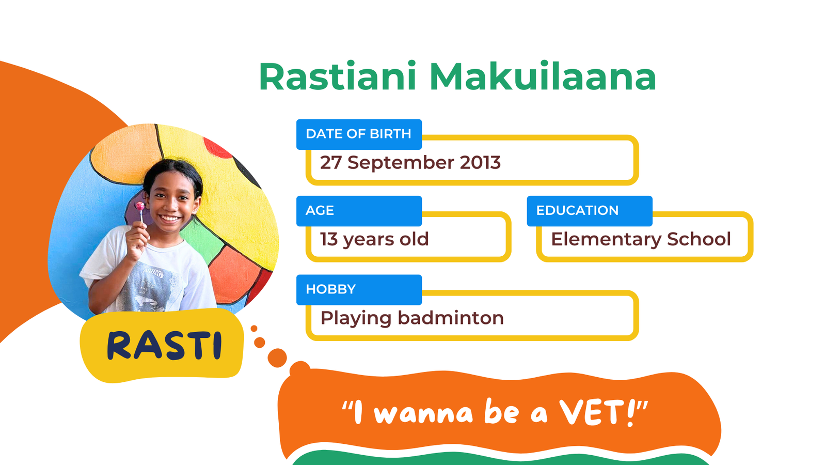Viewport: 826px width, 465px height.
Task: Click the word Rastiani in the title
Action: [x=338, y=76]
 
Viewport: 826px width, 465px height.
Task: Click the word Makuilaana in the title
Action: [x=543, y=76]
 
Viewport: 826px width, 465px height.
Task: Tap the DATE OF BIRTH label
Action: [x=358, y=134]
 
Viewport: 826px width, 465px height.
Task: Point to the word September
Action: [x=401, y=163]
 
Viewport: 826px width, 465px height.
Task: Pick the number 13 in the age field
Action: [x=329, y=239]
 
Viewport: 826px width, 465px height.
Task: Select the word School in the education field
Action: [x=699, y=239]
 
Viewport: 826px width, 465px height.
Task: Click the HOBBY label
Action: [x=331, y=289]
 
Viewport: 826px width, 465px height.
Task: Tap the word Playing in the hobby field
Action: [x=356, y=319]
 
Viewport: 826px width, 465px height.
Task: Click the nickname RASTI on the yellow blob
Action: [x=165, y=346]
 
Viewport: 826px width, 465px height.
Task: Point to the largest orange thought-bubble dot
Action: [x=277, y=358]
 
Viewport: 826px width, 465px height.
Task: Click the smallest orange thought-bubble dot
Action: [x=254, y=329]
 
